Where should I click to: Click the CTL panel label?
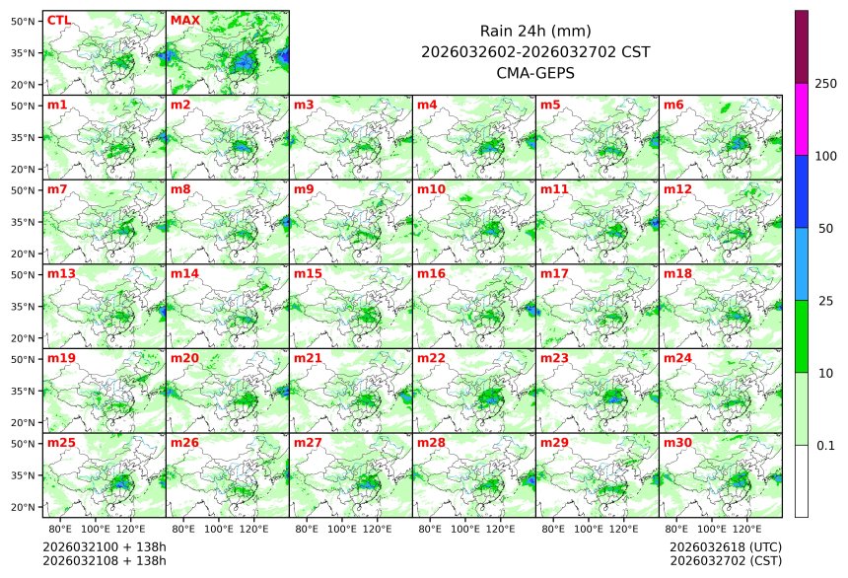coord(58,20)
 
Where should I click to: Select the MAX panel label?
coord(184,20)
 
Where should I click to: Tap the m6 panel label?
coord(673,105)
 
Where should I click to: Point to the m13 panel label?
coord(61,273)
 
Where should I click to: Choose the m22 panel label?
coord(431,358)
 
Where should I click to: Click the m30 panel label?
coord(677,443)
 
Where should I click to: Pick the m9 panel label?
coord(304,188)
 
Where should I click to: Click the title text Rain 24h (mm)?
coord(535,32)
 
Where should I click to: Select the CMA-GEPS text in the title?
coord(535,73)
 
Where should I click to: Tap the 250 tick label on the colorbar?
coord(825,84)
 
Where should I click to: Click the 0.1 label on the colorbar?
coord(825,446)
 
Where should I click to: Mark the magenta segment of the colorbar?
coord(802,118)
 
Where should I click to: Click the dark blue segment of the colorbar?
coord(802,191)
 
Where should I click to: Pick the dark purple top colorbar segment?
coord(802,46)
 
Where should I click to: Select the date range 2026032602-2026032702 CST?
coord(535,52)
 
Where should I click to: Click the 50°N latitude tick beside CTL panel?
coord(24,21)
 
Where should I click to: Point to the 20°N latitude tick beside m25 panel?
coord(24,507)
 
